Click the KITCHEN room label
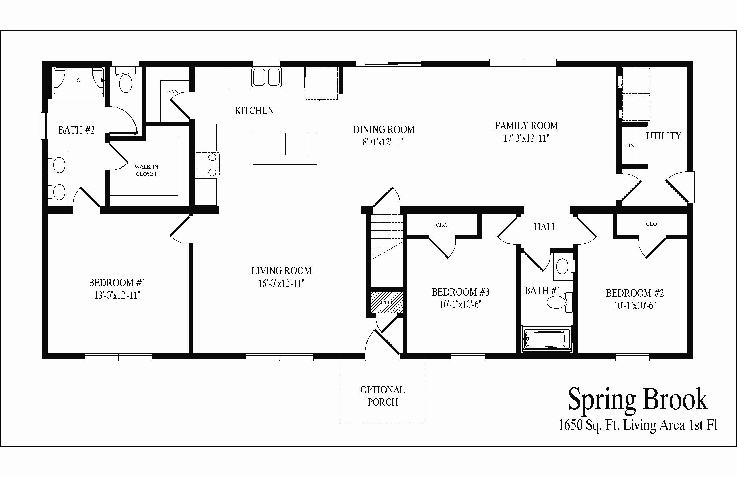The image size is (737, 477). (254, 111)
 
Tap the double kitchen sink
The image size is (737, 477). (266, 77)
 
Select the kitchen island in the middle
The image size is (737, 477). (285, 149)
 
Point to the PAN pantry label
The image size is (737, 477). (173, 91)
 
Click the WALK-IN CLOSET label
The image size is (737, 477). (147, 170)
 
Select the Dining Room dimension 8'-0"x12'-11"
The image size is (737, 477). (383, 142)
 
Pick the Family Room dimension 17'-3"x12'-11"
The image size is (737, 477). (526, 138)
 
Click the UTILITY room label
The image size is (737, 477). (663, 136)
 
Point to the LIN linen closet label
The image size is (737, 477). (630, 145)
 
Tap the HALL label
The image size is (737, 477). (545, 227)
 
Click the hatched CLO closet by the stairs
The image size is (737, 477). (387, 302)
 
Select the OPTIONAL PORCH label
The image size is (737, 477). (383, 396)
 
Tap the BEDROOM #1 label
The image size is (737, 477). (117, 283)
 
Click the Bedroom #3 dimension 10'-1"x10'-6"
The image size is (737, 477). (461, 304)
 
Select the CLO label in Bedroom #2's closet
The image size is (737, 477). (651, 224)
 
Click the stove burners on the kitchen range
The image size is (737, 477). (212, 164)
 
